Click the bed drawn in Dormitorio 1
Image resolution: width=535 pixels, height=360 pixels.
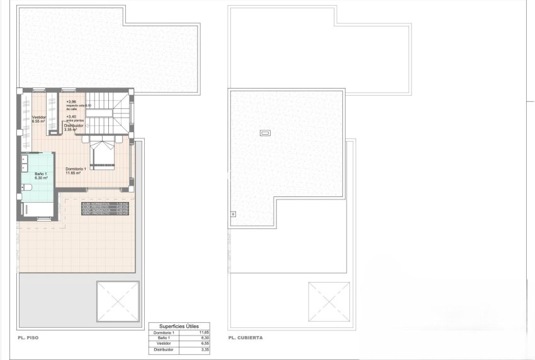102,155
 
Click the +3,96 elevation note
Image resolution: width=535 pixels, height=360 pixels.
71,101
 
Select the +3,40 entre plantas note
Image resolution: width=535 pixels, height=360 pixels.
71,116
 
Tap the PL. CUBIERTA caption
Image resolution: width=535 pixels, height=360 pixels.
246,338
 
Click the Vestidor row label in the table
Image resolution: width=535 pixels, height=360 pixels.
162,344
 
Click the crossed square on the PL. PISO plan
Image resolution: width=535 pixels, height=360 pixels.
118,302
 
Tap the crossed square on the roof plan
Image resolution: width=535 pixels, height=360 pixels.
329,302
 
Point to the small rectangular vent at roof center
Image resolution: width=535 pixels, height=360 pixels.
265,133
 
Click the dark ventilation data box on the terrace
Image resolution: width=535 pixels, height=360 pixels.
105,209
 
